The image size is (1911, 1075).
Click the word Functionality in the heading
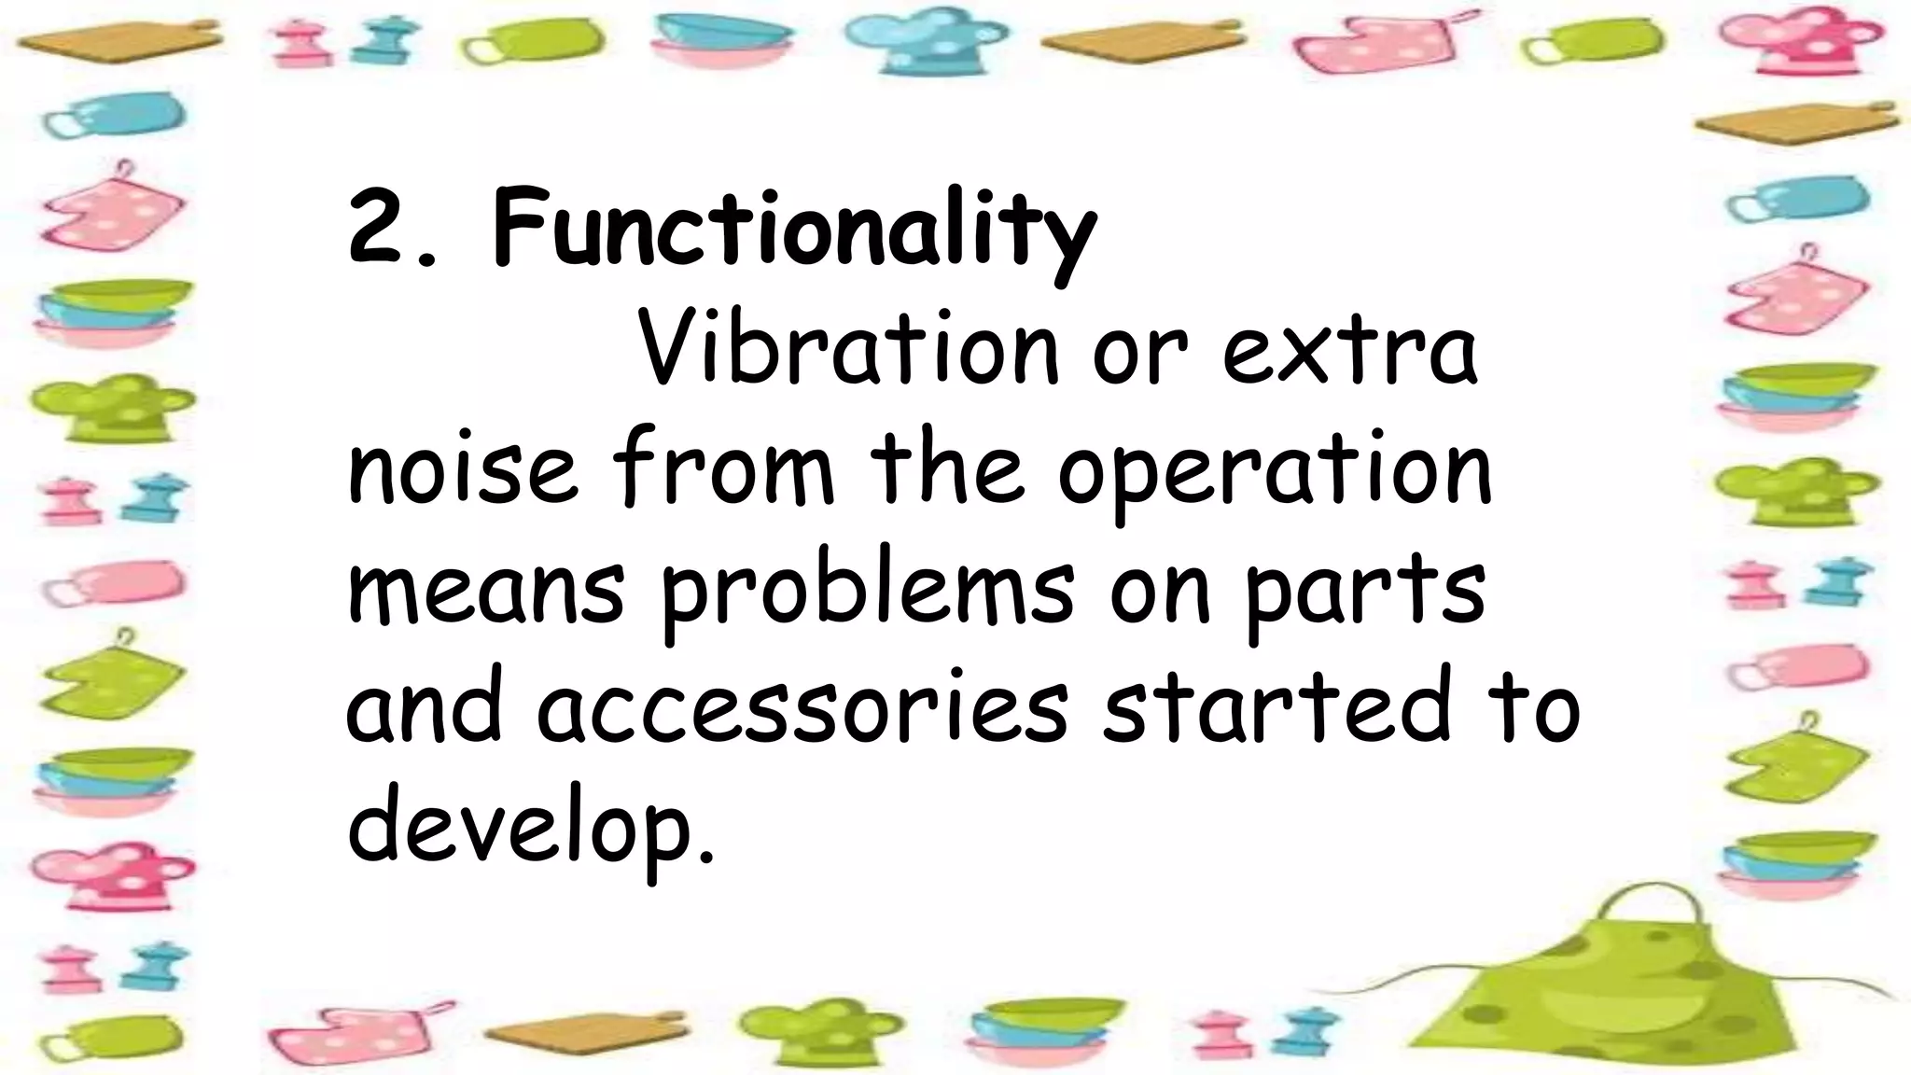[x=793, y=229]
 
